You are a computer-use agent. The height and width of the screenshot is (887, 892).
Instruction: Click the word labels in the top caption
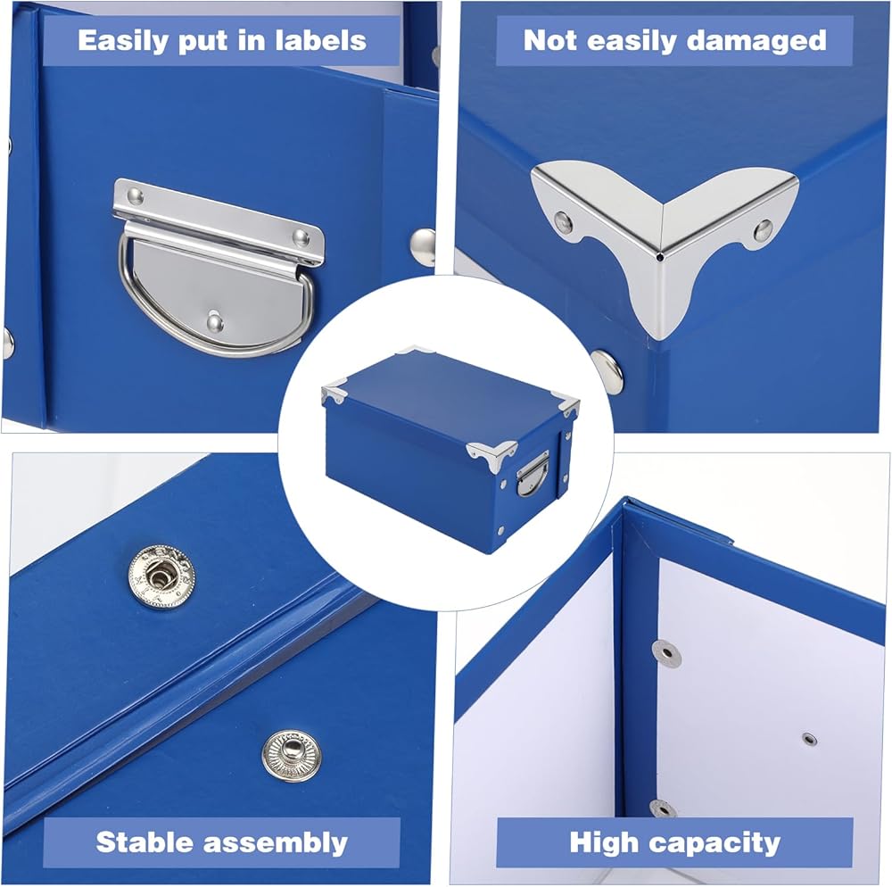(x=321, y=40)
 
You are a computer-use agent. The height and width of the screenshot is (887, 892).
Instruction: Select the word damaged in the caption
(x=756, y=41)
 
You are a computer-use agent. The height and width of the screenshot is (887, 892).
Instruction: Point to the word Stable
(x=145, y=841)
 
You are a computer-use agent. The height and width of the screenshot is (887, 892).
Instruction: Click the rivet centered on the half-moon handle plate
(x=215, y=323)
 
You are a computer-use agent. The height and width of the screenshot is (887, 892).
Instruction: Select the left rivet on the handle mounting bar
(x=135, y=197)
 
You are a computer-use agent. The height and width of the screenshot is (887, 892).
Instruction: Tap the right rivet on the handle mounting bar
(x=301, y=237)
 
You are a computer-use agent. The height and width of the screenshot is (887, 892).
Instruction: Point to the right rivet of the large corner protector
(x=763, y=230)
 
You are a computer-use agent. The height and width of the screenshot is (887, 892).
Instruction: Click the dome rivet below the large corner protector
(x=607, y=369)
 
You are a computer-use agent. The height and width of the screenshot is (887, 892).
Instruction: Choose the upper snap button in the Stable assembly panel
(x=161, y=577)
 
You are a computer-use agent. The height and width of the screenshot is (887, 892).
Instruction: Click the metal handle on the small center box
(x=533, y=473)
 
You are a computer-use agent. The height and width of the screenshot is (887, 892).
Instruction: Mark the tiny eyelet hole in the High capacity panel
(x=810, y=739)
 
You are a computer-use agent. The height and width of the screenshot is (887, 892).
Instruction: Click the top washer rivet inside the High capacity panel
(x=666, y=652)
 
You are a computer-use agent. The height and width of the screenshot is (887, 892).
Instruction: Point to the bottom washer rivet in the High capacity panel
(x=664, y=808)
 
